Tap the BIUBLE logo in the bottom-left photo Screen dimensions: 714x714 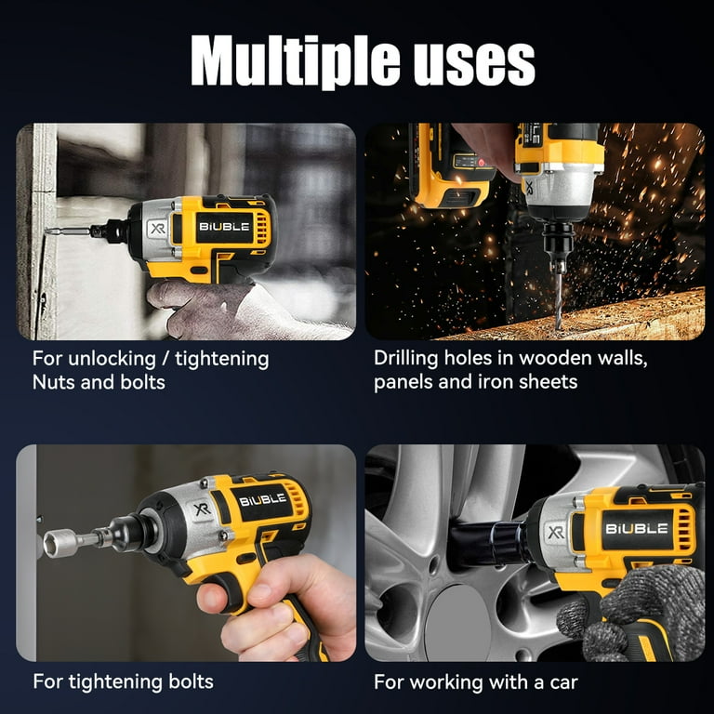[262, 500]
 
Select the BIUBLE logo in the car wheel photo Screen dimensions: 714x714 [637, 528]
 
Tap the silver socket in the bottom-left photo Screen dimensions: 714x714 [61, 543]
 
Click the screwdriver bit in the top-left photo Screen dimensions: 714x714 [71, 231]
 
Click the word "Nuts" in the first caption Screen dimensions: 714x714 [57, 382]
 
